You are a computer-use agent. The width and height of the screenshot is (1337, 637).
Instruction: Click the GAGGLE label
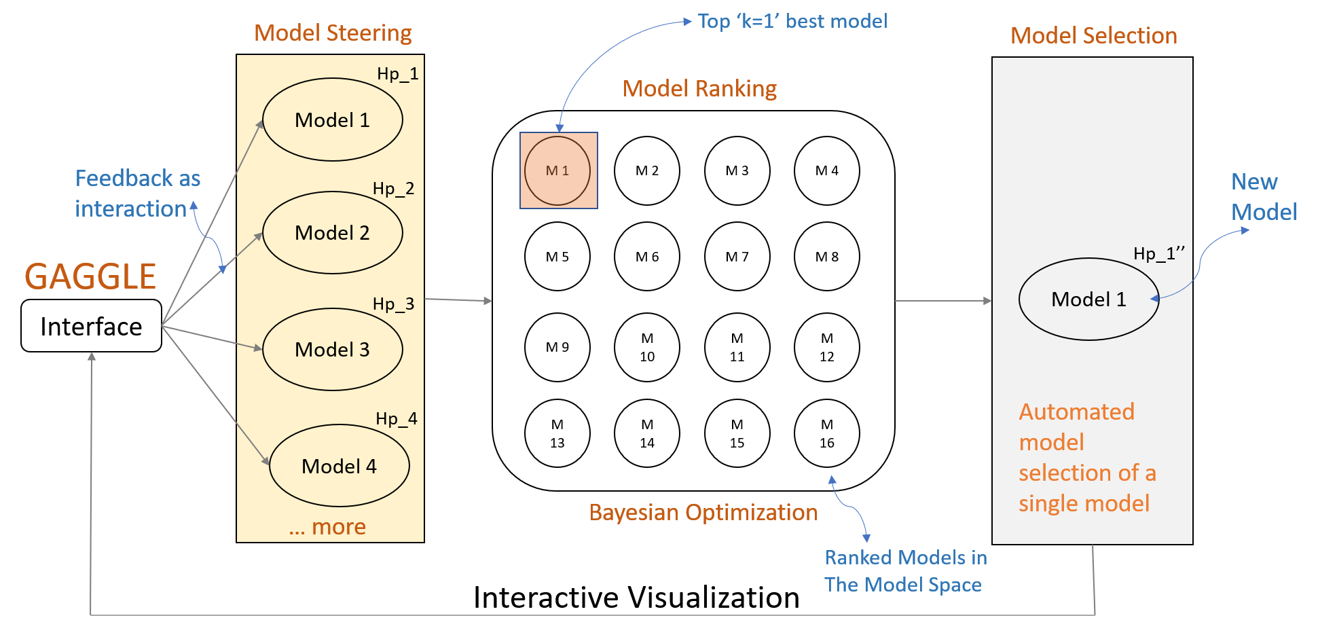[x=90, y=277]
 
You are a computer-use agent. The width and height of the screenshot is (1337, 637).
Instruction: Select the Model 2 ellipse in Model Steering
[x=332, y=233]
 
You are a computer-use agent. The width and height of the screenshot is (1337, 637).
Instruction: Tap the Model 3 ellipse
[x=332, y=350]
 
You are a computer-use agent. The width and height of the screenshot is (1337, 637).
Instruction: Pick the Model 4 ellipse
[x=339, y=466]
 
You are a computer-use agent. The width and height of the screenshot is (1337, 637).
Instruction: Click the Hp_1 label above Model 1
[x=397, y=74]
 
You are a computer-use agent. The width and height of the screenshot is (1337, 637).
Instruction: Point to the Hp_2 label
[x=393, y=189]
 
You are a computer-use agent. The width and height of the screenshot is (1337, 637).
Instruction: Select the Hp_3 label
[x=393, y=304]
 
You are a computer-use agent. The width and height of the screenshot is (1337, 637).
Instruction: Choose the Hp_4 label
[x=396, y=419]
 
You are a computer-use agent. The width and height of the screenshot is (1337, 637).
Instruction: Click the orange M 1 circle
[x=557, y=170]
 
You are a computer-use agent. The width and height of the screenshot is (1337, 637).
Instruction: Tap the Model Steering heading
[x=333, y=33]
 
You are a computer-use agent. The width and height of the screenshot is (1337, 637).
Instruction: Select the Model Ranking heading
[x=699, y=89]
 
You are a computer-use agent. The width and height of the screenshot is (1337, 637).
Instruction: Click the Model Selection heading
[x=1093, y=36]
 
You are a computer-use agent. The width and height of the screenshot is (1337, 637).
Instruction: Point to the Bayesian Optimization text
[x=703, y=513]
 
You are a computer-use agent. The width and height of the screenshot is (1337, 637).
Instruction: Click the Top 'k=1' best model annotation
[x=792, y=22]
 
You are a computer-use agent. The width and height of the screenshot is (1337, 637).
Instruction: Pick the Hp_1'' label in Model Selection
[x=1158, y=254]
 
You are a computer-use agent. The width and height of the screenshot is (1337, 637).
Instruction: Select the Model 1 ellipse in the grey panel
[x=1088, y=299]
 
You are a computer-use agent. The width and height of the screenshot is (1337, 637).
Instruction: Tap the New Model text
[x=1264, y=197]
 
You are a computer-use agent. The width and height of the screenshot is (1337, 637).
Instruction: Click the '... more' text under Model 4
[x=327, y=528]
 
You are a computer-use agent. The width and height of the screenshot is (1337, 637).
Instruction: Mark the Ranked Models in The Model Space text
[x=905, y=571]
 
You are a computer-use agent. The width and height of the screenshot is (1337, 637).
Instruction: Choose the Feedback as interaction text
[x=137, y=194]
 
